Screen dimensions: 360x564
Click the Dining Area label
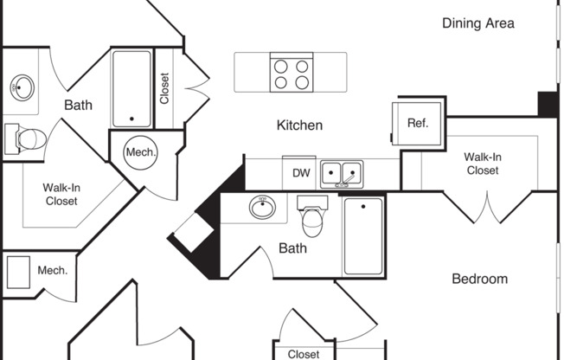(477, 23)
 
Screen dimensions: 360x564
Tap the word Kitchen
(299, 125)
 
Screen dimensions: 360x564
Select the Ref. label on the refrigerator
(418, 123)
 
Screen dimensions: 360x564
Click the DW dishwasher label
(300, 173)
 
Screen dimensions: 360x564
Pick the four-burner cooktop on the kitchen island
(291, 72)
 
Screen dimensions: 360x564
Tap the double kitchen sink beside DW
(342, 174)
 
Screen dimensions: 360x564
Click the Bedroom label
(479, 279)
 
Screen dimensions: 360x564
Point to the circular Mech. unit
(141, 152)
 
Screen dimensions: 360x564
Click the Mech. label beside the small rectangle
(52, 271)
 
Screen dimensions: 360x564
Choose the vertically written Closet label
(164, 87)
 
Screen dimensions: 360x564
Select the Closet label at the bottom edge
(304, 354)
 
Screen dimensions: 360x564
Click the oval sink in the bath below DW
(263, 208)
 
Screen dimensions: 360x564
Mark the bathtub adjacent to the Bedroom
(364, 235)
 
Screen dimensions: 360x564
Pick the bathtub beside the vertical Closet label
(131, 88)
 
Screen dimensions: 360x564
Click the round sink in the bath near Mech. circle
(22, 87)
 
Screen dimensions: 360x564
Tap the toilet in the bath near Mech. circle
(28, 138)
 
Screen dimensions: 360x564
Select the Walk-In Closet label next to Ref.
(481, 164)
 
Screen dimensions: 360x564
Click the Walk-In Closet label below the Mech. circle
(61, 194)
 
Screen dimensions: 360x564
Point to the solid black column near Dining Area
(548, 104)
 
